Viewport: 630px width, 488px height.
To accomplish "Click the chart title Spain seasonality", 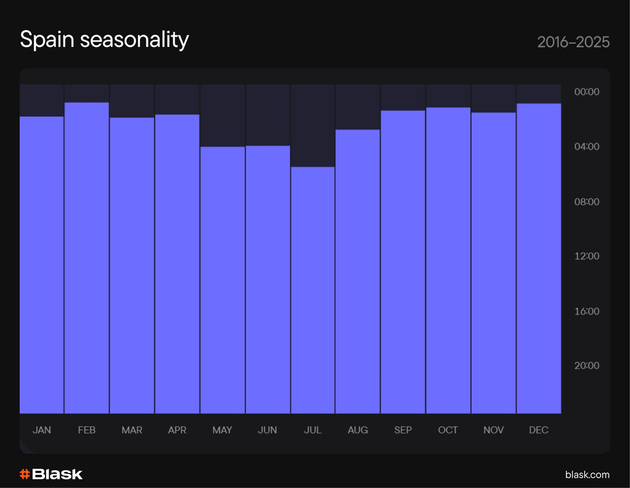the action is click(x=104, y=40).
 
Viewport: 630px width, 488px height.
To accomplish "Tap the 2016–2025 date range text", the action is click(x=573, y=42).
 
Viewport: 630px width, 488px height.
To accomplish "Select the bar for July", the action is click(x=313, y=290).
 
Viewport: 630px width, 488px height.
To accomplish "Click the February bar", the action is click(x=86, y=258).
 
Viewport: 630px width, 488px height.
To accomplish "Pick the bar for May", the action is click(x=222, y=280).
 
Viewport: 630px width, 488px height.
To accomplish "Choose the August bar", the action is click(x=357, y=271).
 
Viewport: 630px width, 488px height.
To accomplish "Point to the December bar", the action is click(x=539, y=258).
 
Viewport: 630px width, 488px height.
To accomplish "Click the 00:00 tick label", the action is click(x=587, y=92).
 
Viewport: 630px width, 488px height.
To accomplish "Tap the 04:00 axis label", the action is click(x=587, y=146).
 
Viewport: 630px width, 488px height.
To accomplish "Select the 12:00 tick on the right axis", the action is click(x=587, y=256).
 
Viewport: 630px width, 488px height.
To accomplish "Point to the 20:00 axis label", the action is click(x=587, y=365).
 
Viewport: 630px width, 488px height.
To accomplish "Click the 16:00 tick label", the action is click(x=587, y=311).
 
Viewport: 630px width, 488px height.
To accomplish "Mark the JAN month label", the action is click(x=42, y=430).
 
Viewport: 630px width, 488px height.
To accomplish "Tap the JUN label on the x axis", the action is click(x=267, y=430).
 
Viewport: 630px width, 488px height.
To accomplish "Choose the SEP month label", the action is click(x=403, y=430).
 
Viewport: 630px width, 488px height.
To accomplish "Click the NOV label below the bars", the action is click(x=493, y=430).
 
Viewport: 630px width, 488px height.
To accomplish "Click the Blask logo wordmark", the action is click(x=57, y=474).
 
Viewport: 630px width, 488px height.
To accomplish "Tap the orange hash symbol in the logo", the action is click(x=25, y=474).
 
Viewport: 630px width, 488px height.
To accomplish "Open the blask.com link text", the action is click(x=587, y=474).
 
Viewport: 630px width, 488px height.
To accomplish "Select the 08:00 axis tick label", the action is click(x=587, y=202).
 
